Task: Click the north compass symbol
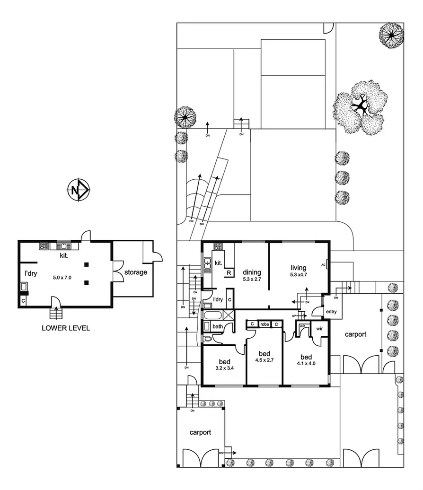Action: tap(78, 191)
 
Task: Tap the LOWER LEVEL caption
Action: tap(65, 328)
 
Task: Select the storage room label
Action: tap(136, 272)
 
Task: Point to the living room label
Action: tap(299, 268)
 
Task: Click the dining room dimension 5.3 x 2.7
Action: tap(252, 279)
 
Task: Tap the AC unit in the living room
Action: tap(327, 265)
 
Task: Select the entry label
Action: tap(330, 311)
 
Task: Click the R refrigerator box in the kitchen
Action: tap(229, 273)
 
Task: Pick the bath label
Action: tap(218, 327)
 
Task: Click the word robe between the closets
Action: tap(264, 324)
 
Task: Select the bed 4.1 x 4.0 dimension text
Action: tap(307, 364)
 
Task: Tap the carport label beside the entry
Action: tap(355, 334)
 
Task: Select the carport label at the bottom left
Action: tap(200, 432)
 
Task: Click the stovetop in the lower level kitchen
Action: tap(44, 246)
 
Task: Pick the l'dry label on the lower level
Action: tap(31, 273)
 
